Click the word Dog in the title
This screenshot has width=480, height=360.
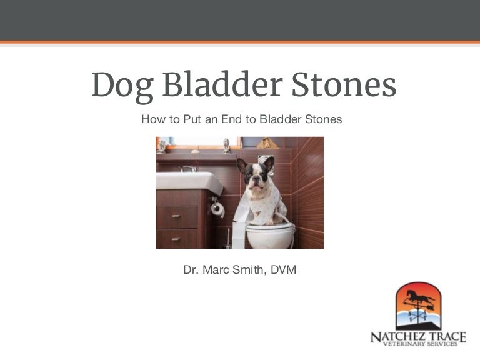tap(122, 86)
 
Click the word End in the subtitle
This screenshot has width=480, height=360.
tap(231, 119)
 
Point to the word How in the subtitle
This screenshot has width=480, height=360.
tap(152, 119)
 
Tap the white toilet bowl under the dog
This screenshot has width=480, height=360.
tap(270, 234)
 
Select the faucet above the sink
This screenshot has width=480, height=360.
tap(188, 169)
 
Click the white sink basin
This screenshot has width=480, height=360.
tap(187, 182)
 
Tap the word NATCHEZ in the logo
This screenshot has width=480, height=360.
tap(400, 337)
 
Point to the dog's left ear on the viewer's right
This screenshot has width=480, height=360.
tap(267, 164)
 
